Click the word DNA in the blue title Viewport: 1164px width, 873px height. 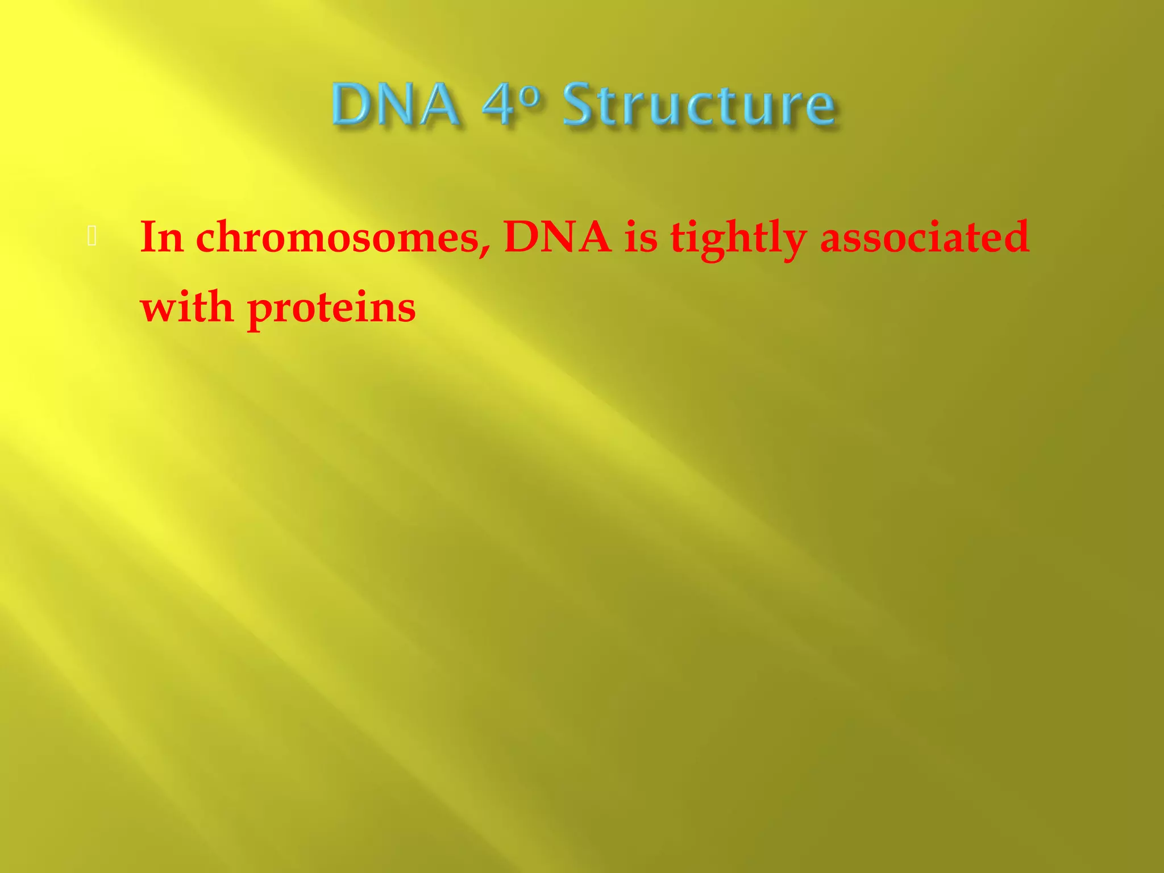(x=396, y=105)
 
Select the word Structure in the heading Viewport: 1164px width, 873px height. (x=699, y=105)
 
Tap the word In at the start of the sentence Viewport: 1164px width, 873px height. (x=161, y=237)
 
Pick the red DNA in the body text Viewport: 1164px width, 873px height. (x=557, y=237)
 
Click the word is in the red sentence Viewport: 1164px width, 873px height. (x=641, y=238)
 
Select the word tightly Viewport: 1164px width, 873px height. (x=738, y=239)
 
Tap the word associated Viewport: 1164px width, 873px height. (x=924, y=238)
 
